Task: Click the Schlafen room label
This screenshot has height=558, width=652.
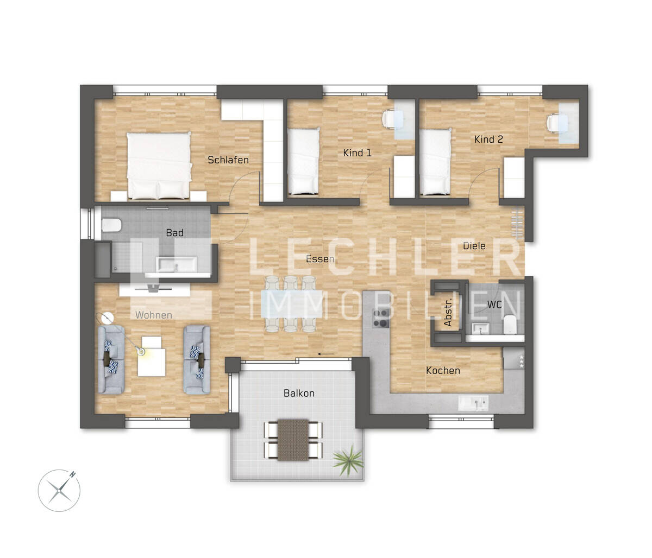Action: [228, 160]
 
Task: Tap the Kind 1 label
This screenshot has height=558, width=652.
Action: [357, 153]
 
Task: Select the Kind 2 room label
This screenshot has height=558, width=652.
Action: [488, 139]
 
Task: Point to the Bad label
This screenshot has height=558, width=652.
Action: [174, 233]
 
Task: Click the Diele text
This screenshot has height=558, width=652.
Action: [474, 246]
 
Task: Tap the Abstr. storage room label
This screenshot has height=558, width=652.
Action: [448, 314]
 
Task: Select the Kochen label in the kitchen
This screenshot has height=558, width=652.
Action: [443, 371]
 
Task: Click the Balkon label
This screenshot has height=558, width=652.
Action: [299, 393]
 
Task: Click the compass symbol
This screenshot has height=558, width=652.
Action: [59, 490]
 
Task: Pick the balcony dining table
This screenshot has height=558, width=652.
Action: [293, 439]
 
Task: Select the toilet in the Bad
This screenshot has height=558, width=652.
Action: [110, 225]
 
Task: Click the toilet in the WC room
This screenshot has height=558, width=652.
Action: [510, 326]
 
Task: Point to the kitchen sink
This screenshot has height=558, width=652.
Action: [474, 403]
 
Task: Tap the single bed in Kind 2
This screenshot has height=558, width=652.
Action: [436, 161]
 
